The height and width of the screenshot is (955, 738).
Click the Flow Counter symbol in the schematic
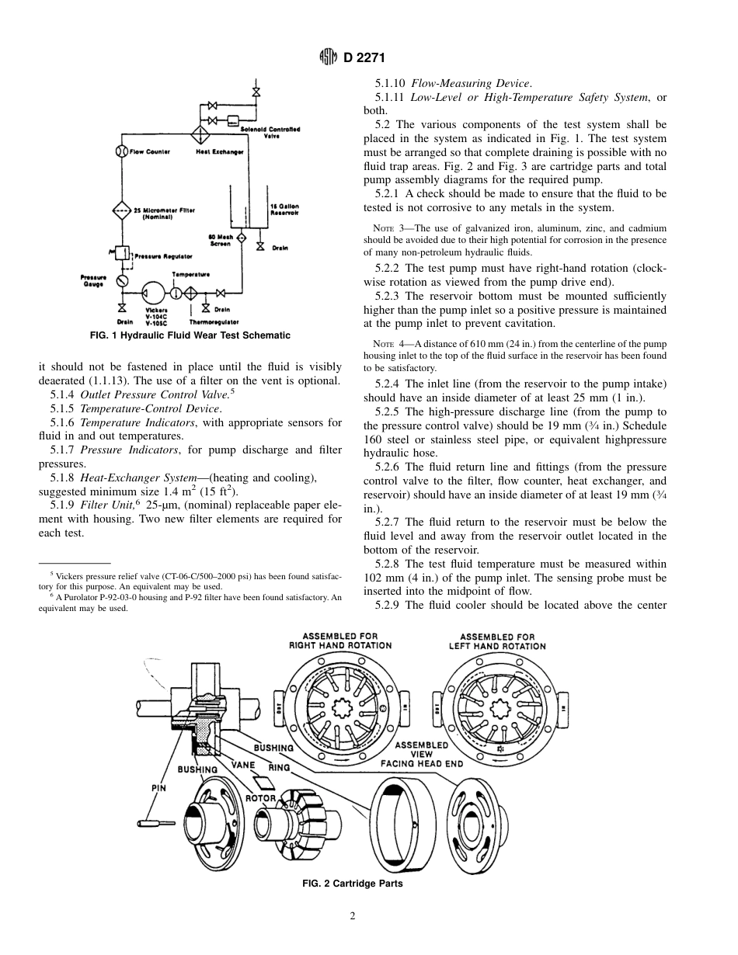click(x=122, y=151)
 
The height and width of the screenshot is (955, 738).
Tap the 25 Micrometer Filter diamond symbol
click(x=122, y=210)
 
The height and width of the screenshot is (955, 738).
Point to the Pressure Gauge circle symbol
click(x=122, y=280)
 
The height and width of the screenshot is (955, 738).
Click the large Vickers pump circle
click(x=155, y=293)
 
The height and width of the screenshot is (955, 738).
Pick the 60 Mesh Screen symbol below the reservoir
click(x=241, y=238)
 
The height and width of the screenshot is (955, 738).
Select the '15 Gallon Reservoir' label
click(x=284, y=208)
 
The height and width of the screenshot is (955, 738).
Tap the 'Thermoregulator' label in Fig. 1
click(x=214, y=321)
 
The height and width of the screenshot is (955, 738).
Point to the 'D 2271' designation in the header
click(x=360, y=57)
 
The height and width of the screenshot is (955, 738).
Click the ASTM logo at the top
click(x=329, y=57)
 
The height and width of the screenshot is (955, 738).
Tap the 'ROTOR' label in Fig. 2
click(x=261, y=797)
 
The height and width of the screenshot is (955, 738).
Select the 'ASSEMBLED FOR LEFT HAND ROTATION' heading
click(x=497, y=641)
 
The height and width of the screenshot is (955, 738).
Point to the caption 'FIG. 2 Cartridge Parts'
click(x=352, y=884)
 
